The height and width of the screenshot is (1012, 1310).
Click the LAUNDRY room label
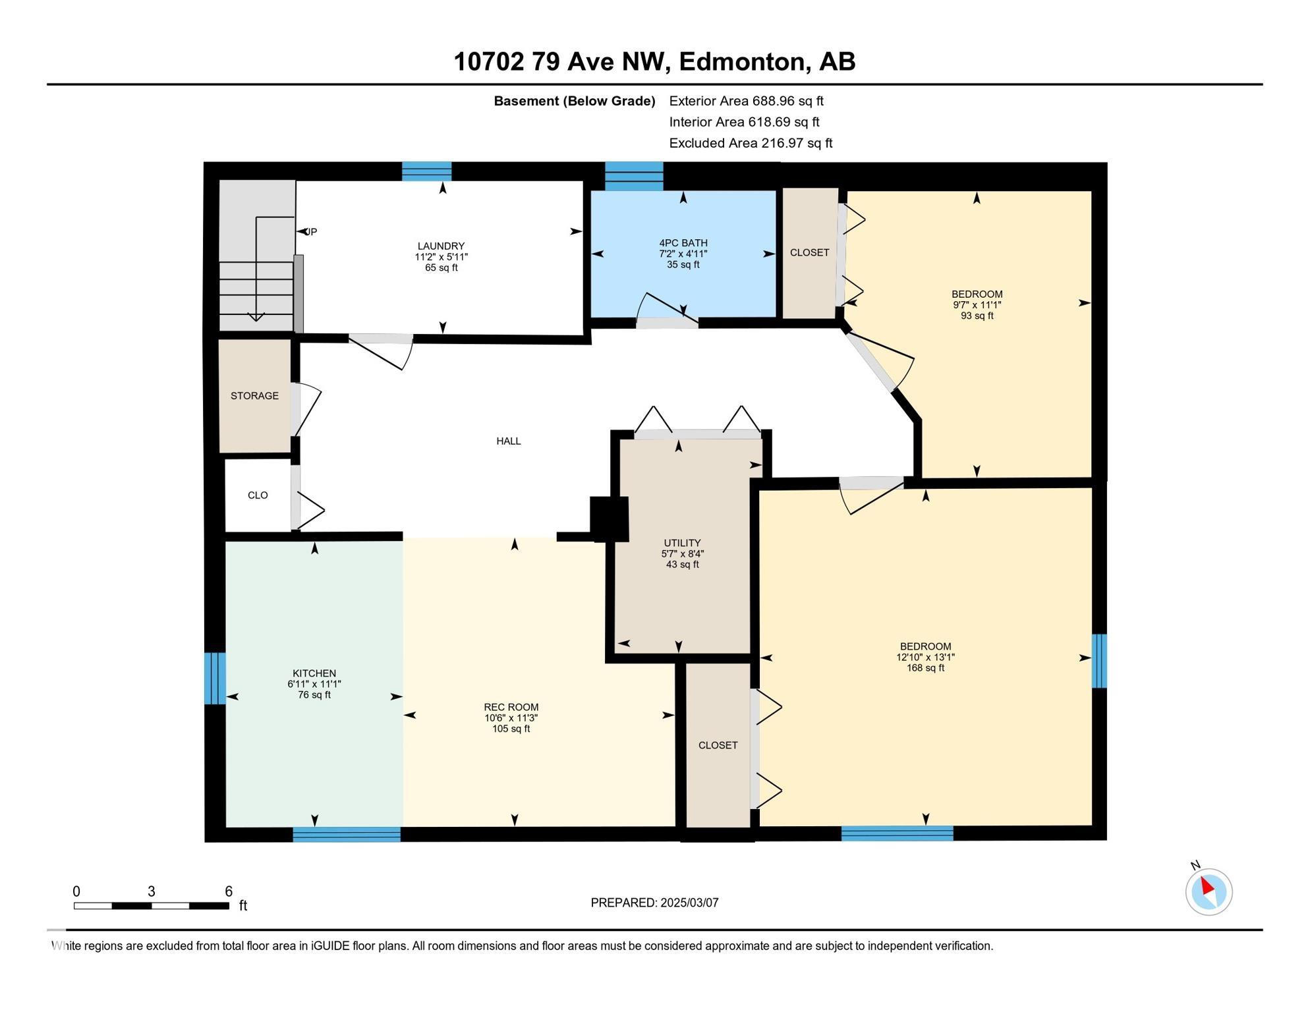point(441,246)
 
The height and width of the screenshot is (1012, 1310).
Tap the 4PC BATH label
point(683,243)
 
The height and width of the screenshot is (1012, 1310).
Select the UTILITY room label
point(682,544)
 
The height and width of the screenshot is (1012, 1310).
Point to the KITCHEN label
point(314,673)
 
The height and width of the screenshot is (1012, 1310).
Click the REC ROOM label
point(511,708)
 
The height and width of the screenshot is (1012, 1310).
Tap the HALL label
point(509,441)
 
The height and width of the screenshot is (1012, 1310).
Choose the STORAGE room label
point(254,396)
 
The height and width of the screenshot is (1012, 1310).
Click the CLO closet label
point(258,495)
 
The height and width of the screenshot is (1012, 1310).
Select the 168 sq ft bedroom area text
point(925,668)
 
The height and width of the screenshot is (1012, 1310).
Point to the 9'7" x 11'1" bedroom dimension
point(977,305)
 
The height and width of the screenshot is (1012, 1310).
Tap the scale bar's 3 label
point(151,891)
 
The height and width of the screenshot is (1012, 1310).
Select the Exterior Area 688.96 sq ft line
point(746,101)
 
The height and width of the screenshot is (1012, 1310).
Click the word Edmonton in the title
point(744,62)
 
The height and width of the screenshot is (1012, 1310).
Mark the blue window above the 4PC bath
point(634,176)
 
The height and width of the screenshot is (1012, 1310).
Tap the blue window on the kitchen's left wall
point(215,678)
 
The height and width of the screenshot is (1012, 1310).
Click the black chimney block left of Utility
point(609,519)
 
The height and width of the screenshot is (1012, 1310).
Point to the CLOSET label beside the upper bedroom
point(809,252)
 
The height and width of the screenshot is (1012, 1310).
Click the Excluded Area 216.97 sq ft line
point(751,143)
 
